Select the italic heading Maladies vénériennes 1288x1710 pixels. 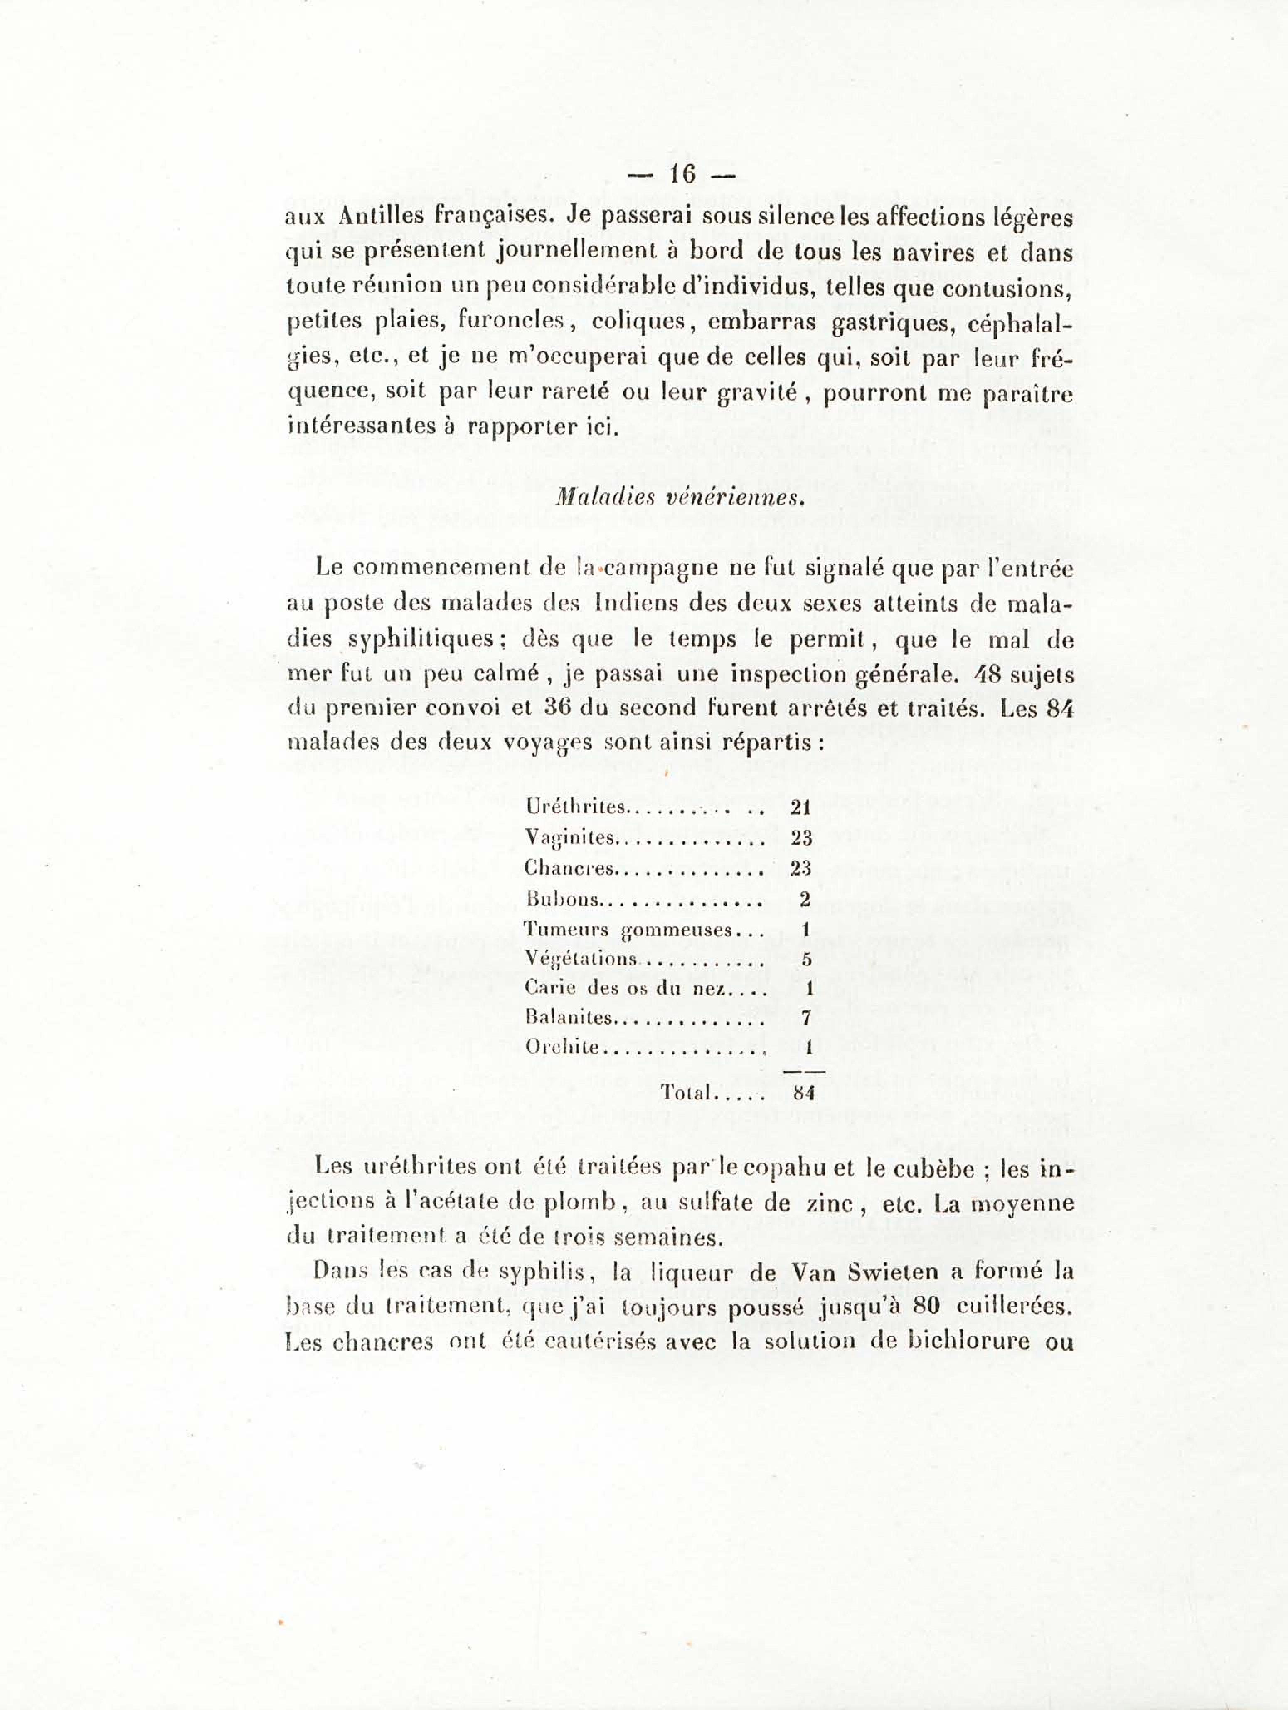click(x=680, y=497)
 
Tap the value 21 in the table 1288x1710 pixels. click(x=800, y=807)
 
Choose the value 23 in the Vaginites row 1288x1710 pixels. click(x=800, y=837)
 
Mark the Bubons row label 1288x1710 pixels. click(x=562, y=899)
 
